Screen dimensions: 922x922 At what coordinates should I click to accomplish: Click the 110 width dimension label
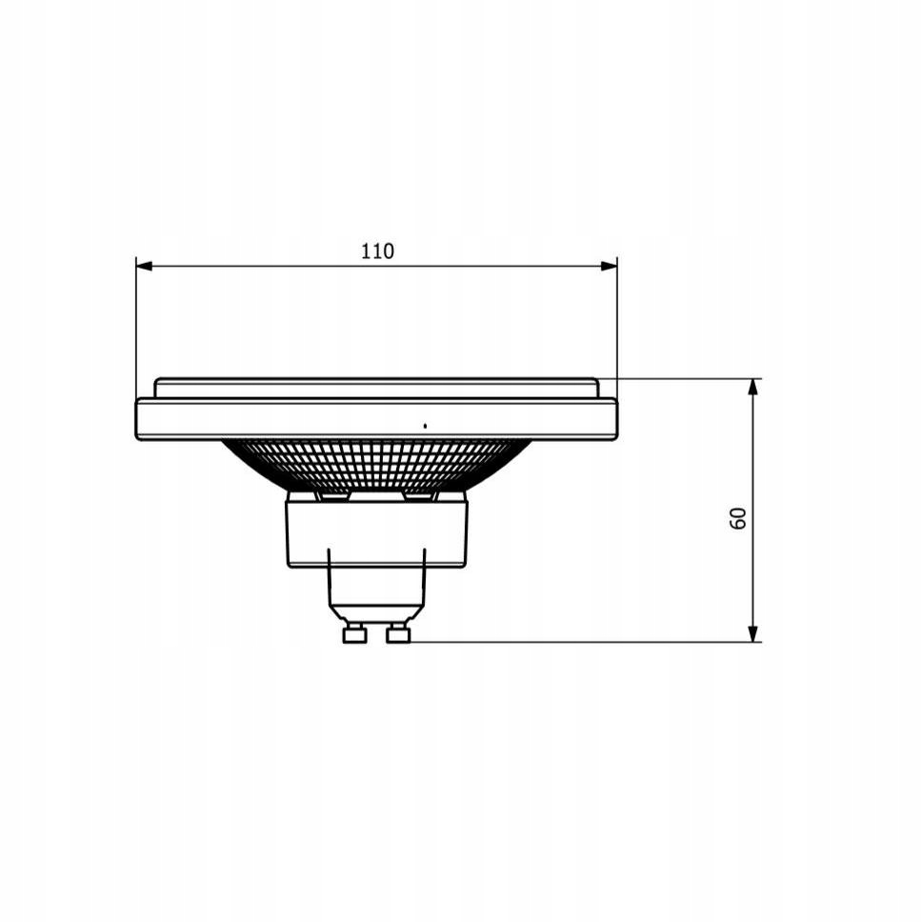[x=377, y=251]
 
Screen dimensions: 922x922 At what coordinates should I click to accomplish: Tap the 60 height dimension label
[x=738, y=518]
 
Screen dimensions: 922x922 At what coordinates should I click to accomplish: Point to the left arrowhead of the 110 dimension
[x=144, y=266]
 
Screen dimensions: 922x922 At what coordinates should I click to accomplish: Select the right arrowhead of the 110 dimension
[x=610, y=266]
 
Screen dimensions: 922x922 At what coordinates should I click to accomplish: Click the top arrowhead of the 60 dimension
[x=753, y=387]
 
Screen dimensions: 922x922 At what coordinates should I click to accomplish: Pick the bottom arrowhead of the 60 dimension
[x=753, y=633]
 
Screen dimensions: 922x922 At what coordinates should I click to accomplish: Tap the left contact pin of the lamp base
[x=354, y=633]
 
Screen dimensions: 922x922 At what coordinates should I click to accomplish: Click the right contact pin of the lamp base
[x=398, y=633]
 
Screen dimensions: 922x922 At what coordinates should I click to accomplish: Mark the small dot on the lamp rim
[x=425, y=425]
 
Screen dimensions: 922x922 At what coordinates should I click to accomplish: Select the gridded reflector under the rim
[x=376, y=465]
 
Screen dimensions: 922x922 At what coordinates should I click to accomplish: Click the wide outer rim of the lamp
[x=286, y=419]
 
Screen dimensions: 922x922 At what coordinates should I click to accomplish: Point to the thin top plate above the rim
[x=376, y=388]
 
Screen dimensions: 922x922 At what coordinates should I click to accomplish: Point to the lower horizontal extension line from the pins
[x=571, y=642]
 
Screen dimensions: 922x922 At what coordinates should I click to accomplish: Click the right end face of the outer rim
[x=615, y=419]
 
